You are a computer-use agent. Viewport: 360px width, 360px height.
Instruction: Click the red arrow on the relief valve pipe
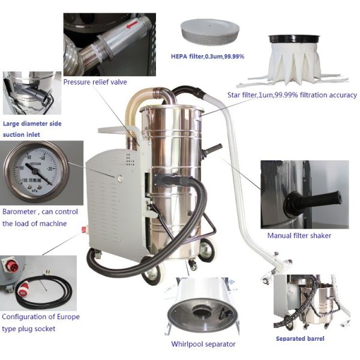[132, 25]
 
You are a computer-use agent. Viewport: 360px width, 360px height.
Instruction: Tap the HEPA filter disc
[210, 32]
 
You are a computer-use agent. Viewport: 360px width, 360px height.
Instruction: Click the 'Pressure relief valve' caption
[95, 82]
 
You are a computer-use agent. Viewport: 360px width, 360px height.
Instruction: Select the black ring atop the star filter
[295, 39]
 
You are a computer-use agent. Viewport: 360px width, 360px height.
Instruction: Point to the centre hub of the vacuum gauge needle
[35, 171]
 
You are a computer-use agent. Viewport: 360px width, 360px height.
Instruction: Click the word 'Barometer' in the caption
[19, 212]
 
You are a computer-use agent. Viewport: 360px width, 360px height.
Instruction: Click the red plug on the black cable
[22, 290]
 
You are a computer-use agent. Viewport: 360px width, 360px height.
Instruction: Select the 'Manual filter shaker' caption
[299, 236]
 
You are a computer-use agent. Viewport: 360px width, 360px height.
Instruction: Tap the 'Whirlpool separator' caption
[203, 344]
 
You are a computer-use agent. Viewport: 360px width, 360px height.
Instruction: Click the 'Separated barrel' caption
[300, 338]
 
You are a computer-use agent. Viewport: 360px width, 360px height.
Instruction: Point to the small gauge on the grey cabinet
[119, 178]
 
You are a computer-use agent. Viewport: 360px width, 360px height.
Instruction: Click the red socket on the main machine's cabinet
[84, 229]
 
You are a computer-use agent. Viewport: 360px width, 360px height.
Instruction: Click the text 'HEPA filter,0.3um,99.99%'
[208, 56]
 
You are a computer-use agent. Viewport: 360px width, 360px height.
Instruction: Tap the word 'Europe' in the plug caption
[68, 317]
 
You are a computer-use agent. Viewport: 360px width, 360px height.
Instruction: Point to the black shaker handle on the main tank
[212, 150]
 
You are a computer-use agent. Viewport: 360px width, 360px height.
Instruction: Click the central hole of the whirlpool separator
[202, 312]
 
